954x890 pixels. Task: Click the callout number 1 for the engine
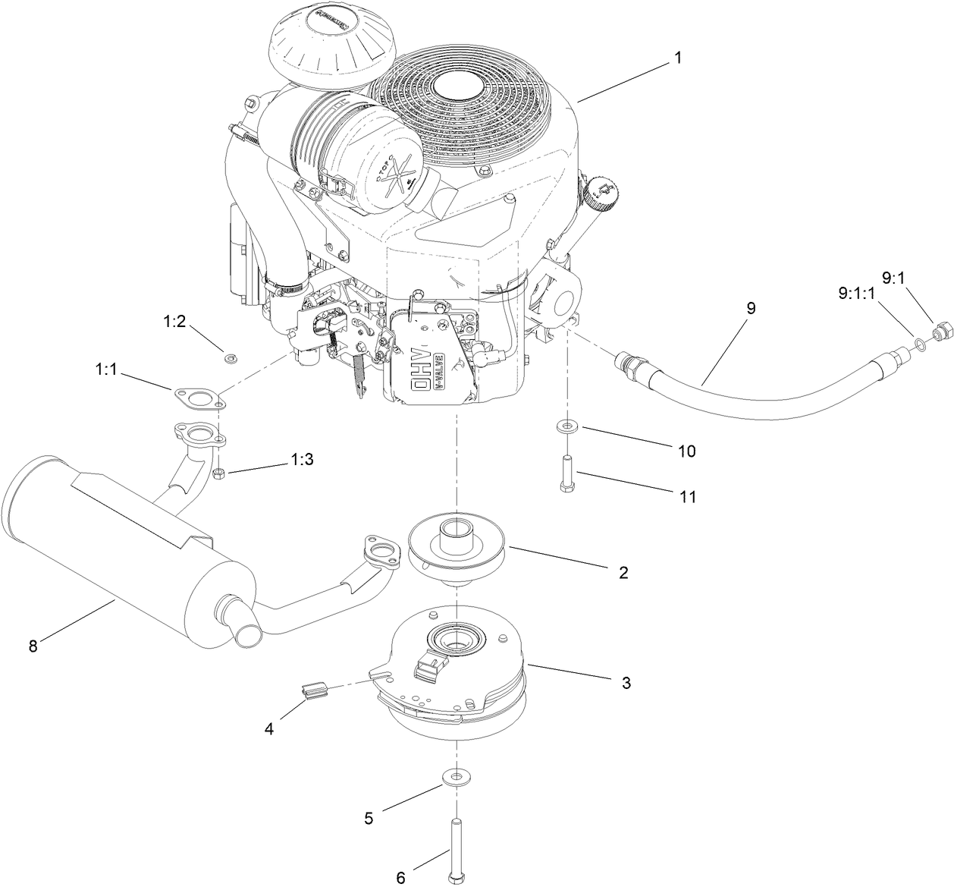(678, 58)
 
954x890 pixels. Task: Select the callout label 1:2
(174, 322)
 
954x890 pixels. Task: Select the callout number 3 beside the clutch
(626, 683)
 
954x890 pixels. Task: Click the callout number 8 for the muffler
(32, 646)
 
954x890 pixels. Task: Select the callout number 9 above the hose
(751, 309)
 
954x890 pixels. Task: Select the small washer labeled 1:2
(228, 356)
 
